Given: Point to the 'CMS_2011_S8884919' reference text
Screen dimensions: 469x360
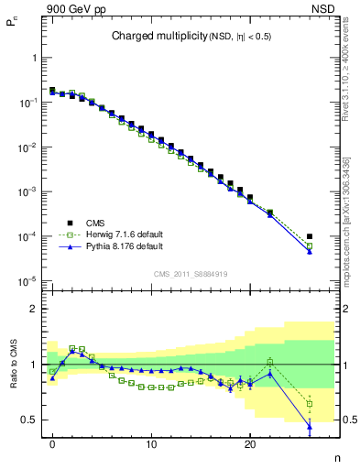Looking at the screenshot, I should (x=191, y=273).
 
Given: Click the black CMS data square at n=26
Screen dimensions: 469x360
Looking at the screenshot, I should (x=310, y=236).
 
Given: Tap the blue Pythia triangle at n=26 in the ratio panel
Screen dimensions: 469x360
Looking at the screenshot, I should (x=310, y=426).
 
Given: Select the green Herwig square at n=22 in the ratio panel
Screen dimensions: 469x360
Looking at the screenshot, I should (x=269, y=362).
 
